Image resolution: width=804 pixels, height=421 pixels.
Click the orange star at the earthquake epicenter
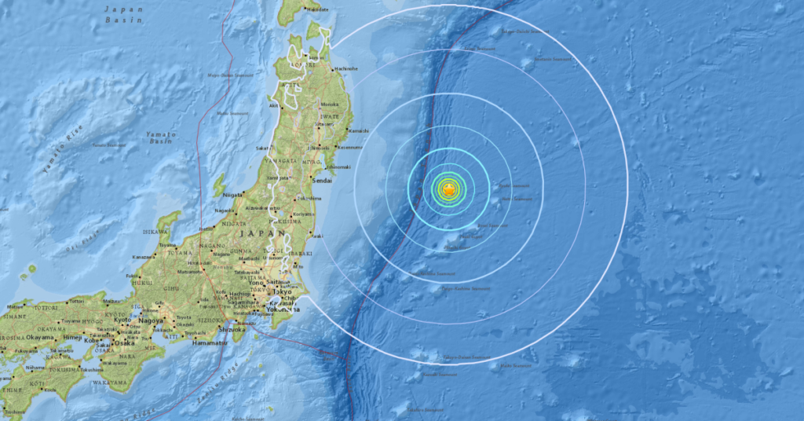448,190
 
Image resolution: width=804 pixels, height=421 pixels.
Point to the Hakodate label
316,9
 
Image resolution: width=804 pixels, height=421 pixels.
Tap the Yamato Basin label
160,140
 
